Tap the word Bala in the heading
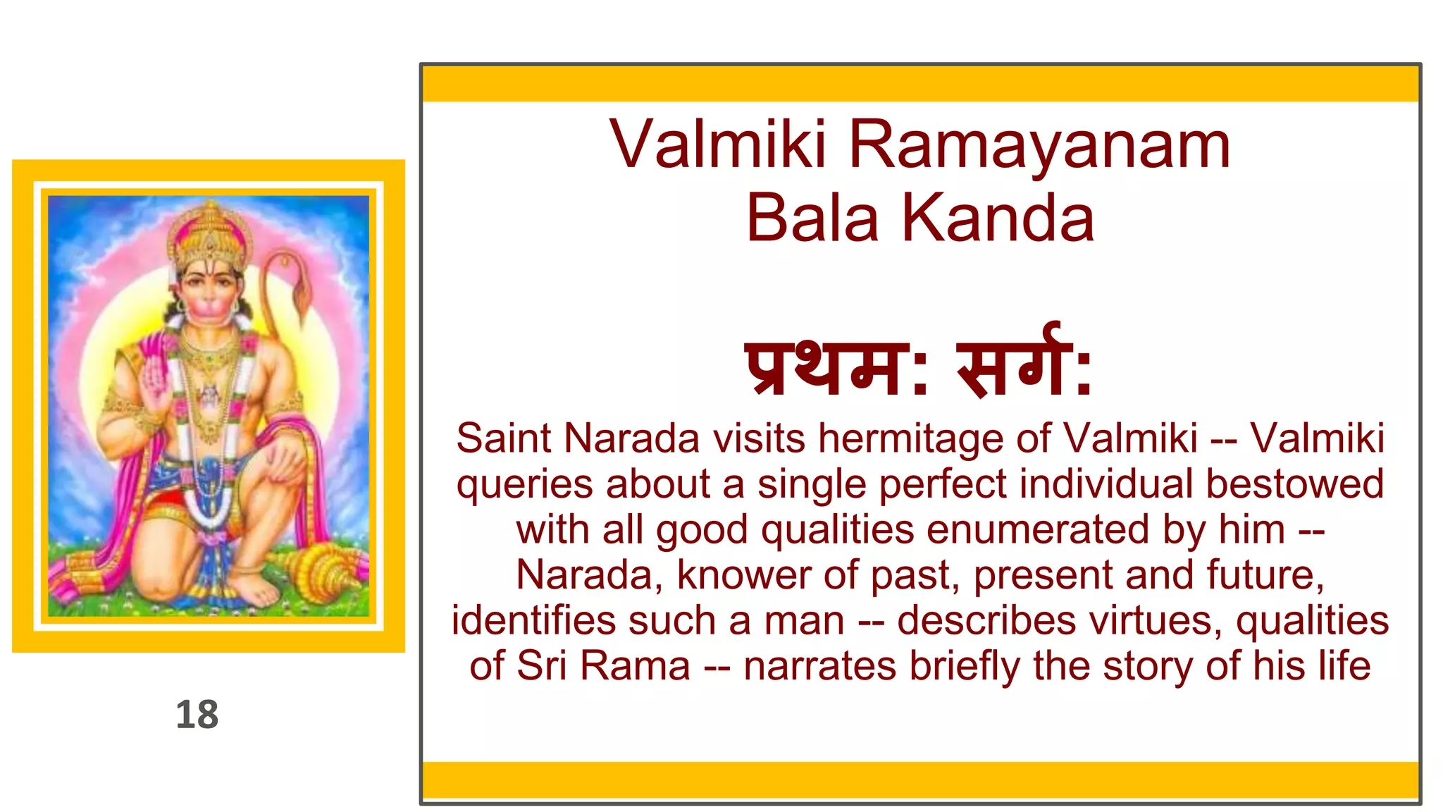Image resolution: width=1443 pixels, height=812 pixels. [x=812, y=219]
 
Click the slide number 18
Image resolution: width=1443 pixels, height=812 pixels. [x=197, y=715]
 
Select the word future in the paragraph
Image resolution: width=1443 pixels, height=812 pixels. [x=1264, y=575]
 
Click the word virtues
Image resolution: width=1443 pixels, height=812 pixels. [x=1155, y=621]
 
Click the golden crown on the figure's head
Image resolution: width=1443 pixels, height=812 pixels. [x=209, y=233]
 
